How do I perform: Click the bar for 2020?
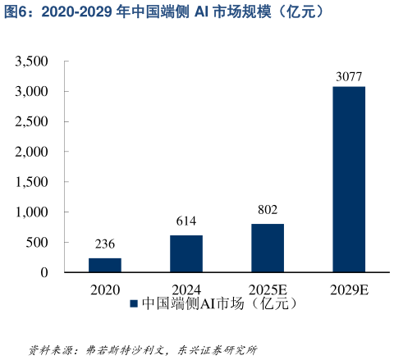104,265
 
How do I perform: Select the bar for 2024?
186,253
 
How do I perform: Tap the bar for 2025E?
268,248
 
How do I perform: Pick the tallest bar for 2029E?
349,179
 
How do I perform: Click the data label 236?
104,244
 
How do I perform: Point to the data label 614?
186,221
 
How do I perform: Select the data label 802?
268,210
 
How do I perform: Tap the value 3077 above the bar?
349,76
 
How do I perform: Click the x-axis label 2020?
104,289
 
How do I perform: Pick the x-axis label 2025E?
268,289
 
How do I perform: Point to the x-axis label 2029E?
349,289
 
